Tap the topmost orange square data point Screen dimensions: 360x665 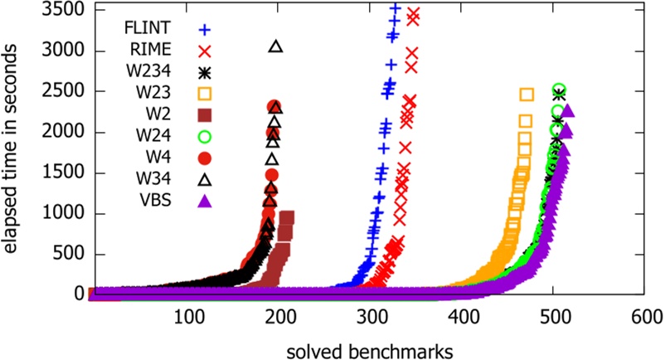(x=526, y=95)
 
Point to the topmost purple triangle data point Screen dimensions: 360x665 (x=568, y=111)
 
